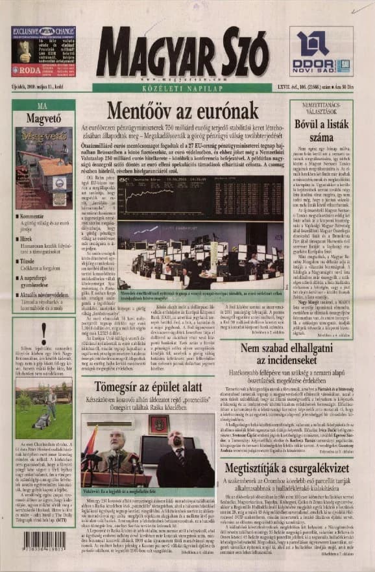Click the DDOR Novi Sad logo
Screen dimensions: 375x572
pos(322,53)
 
